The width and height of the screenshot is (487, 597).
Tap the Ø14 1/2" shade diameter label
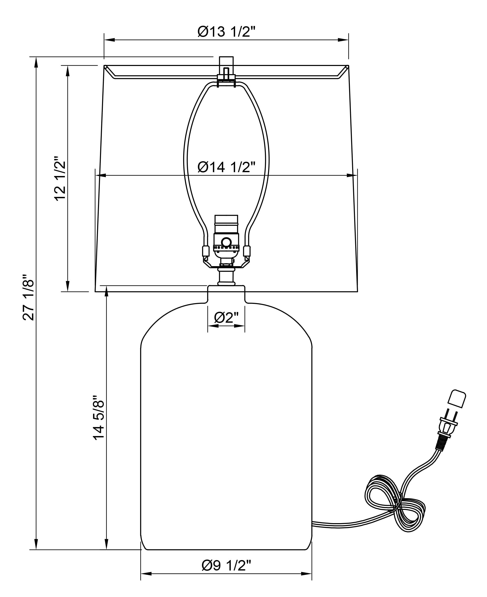[x=226, y=167]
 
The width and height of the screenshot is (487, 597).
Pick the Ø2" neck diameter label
[x=226, y=318]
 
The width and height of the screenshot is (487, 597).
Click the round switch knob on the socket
[x=226, y=242]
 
